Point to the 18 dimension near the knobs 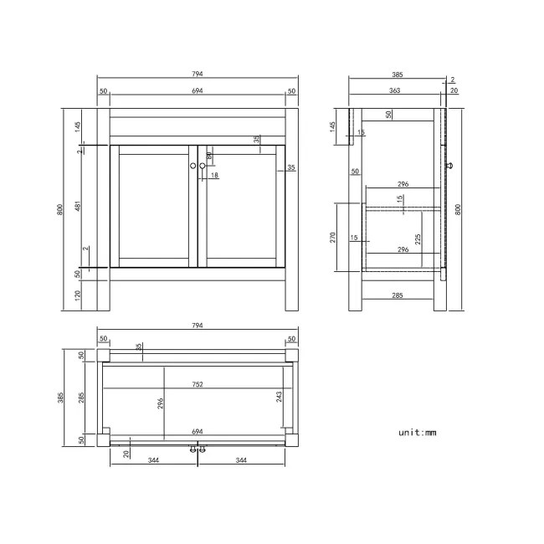214,175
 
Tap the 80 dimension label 209,155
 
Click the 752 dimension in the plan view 198,385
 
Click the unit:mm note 418,433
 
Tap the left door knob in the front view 193,166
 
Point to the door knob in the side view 451,166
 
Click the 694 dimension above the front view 198,90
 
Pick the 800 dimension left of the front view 59,210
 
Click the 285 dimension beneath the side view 398,295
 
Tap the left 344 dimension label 153,460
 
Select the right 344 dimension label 241,460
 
